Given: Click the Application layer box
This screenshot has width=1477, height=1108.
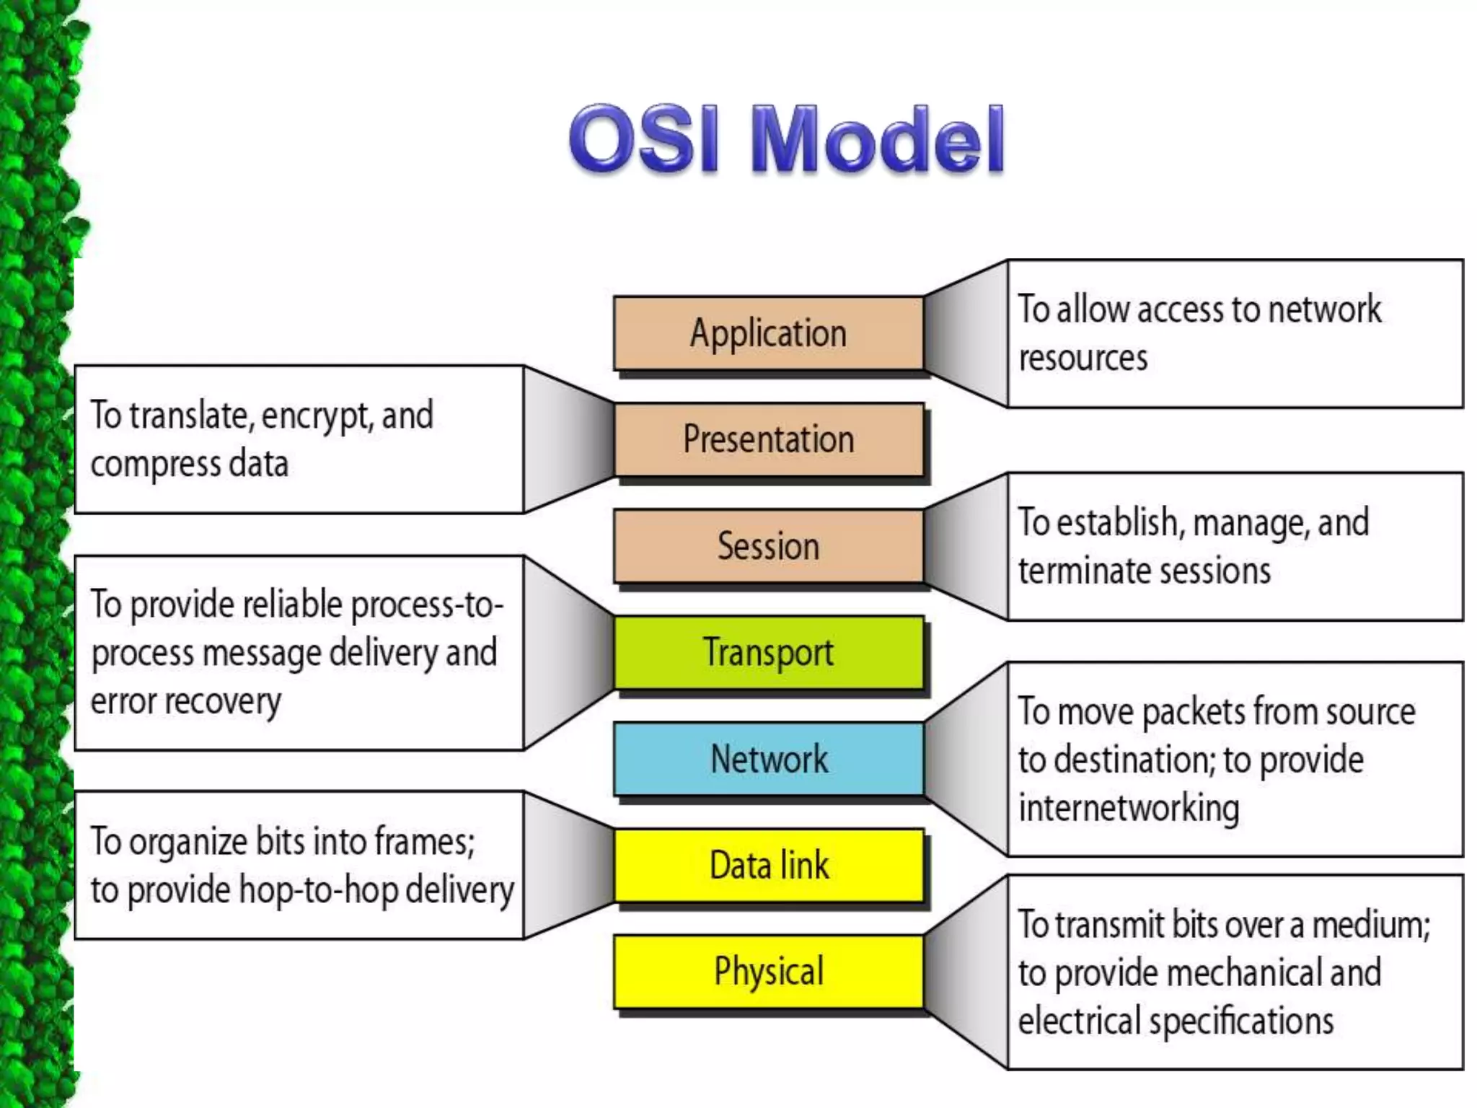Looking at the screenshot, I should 768,333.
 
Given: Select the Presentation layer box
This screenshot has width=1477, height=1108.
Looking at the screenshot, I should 768,439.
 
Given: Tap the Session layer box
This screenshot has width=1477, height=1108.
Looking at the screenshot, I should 768,546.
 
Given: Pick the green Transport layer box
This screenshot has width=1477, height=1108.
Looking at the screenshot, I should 768,652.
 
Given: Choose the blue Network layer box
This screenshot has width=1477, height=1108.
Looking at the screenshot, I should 768,759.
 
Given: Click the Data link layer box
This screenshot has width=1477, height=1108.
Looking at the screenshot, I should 768,865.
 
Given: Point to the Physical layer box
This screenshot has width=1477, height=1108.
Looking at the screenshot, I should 768,971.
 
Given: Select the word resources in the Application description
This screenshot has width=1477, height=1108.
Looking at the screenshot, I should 1083,358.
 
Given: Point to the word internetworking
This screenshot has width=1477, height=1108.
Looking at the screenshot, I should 1129,807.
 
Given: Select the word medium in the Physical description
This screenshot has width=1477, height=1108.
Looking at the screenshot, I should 1370,925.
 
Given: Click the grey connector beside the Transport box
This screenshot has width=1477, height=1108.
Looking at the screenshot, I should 570,653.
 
